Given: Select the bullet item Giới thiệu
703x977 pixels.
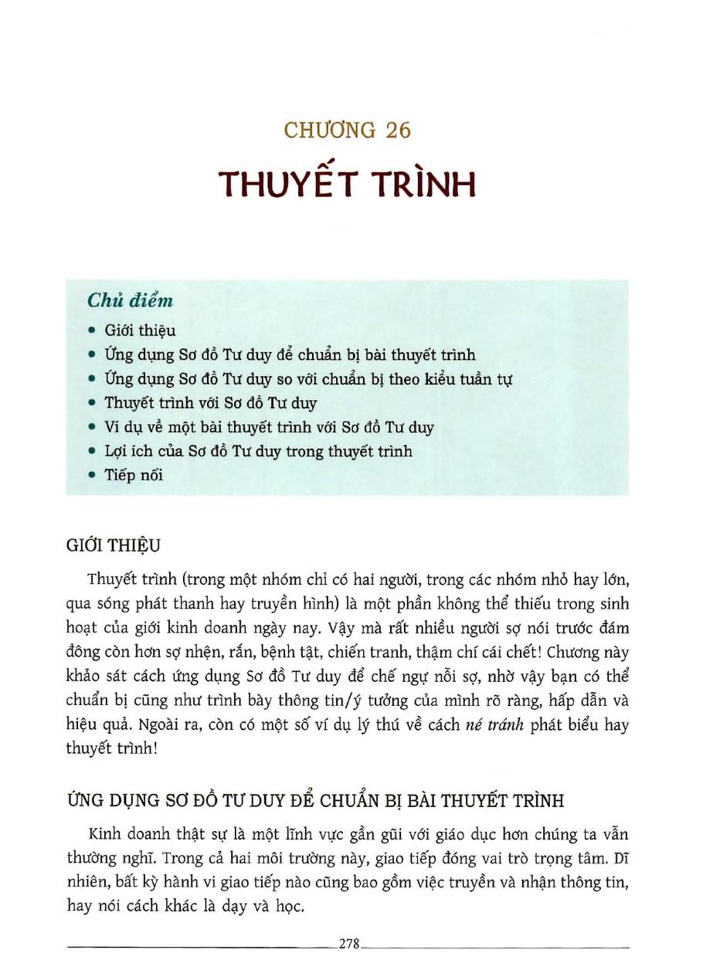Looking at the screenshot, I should coord(140,331).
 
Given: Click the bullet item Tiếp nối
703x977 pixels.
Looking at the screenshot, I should coord(134,476).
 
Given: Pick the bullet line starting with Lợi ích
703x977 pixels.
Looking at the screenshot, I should coord(258,452).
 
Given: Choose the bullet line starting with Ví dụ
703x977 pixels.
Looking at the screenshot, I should coord(269,427).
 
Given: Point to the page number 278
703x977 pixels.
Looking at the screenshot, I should coord(351,943).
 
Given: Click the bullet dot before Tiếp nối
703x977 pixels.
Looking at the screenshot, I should coord(92,476).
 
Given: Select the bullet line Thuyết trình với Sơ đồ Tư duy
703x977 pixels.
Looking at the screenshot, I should coord(210,403).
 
